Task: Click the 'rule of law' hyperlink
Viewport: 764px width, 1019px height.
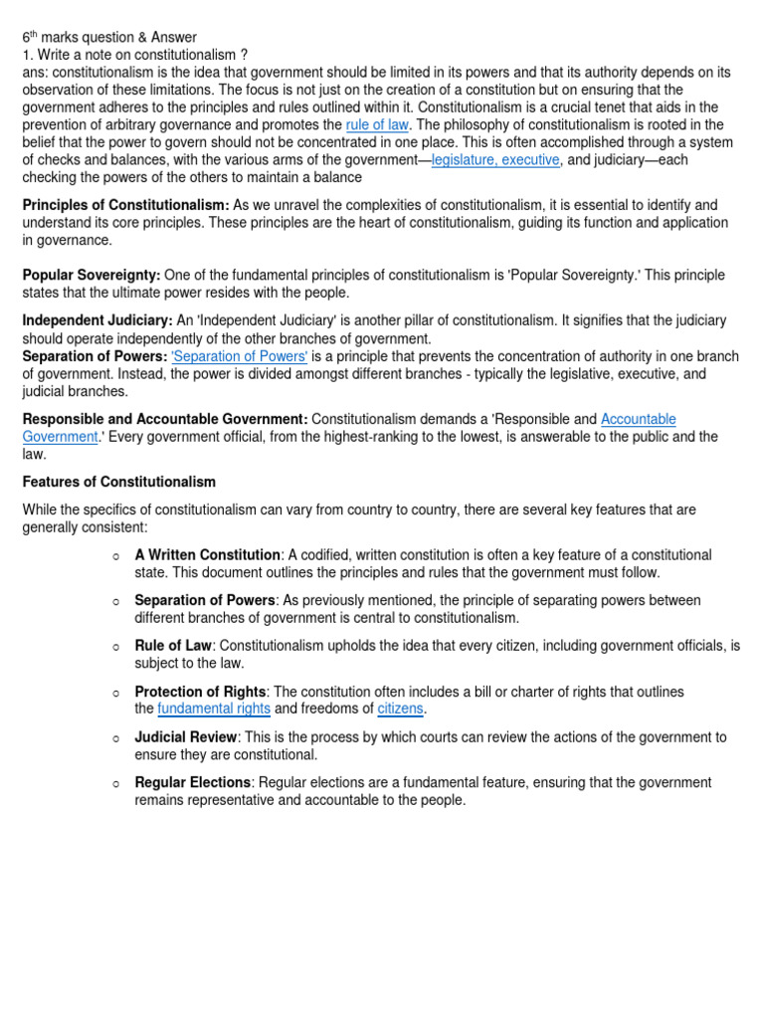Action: click(377, 124)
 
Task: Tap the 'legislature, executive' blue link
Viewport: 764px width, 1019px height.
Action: click(495, 160)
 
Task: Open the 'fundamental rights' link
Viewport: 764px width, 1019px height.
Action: click(214, 709)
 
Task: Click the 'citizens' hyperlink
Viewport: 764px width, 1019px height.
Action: click(400, 709)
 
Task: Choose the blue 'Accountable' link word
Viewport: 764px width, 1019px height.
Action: click(639, 420)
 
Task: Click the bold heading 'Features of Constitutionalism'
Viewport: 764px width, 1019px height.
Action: click(119, 482)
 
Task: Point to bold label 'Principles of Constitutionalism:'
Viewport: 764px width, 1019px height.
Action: click(126, 204)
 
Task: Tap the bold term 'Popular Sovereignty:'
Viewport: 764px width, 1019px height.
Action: click(92, 275)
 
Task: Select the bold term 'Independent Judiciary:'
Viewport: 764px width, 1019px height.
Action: click(97, 320)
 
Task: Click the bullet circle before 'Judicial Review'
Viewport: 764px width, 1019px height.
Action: click(116, 739)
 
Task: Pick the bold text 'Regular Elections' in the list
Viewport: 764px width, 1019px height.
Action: click(193, 783)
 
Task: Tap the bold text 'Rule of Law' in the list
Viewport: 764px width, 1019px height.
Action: click(173, 646)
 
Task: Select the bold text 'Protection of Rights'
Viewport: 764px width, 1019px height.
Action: click(200, 692)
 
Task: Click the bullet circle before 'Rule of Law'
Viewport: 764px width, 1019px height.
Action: click(116, 648)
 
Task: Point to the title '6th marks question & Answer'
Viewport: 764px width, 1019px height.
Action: click(109, 37)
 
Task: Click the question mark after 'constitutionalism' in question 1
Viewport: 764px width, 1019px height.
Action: click(243, 55)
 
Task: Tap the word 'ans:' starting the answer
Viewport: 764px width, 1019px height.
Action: click(37, 73)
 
